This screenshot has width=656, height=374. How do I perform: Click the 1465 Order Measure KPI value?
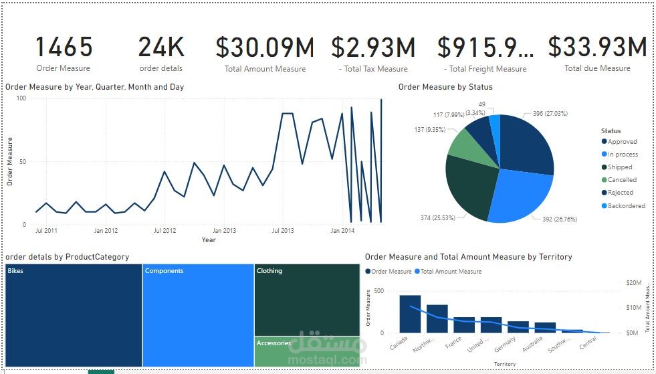tap(64, 48)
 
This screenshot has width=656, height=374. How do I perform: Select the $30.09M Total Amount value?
tap(265, 48)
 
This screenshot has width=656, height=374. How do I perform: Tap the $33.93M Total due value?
tap(597, 47)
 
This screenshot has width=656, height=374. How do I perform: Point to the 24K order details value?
tap(160, 48)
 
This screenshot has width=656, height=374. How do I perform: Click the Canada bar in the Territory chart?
tap(410, 314)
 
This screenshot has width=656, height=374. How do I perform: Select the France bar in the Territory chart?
tap(464, 324)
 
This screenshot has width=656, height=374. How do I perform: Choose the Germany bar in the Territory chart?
tap(518, 326)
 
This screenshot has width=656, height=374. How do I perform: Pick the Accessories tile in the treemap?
tap(306, 351)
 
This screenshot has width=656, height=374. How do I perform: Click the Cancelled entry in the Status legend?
tap(622, 180)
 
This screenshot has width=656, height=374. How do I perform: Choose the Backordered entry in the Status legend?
tap(626, 205)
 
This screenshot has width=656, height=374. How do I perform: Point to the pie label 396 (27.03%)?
tap(550, 114)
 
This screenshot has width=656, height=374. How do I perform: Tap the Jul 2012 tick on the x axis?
tap(165, 231)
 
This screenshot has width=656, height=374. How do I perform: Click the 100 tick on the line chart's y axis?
tap(21, 98)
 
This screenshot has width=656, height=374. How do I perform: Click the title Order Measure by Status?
tap(445, 87)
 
